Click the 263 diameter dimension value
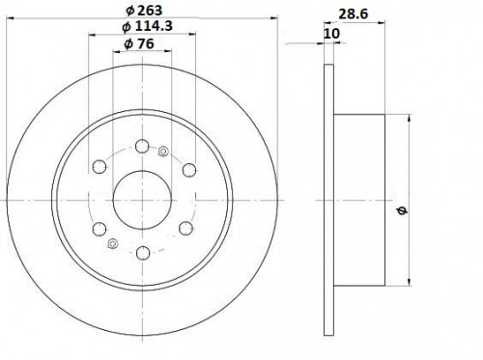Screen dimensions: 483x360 tap(150, 11)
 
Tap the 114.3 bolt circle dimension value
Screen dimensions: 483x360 tap(154, 26)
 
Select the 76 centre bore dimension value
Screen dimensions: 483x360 tap(146, 43)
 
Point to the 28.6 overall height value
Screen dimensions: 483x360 tap(353, 14)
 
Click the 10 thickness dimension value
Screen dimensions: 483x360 tap(331, 34)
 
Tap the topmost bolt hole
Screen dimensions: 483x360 tap(142, 147)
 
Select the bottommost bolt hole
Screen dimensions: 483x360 tap(143, 253)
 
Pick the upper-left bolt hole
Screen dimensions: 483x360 tap(99, 166)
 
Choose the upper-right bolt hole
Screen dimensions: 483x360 tap(189, 170)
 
